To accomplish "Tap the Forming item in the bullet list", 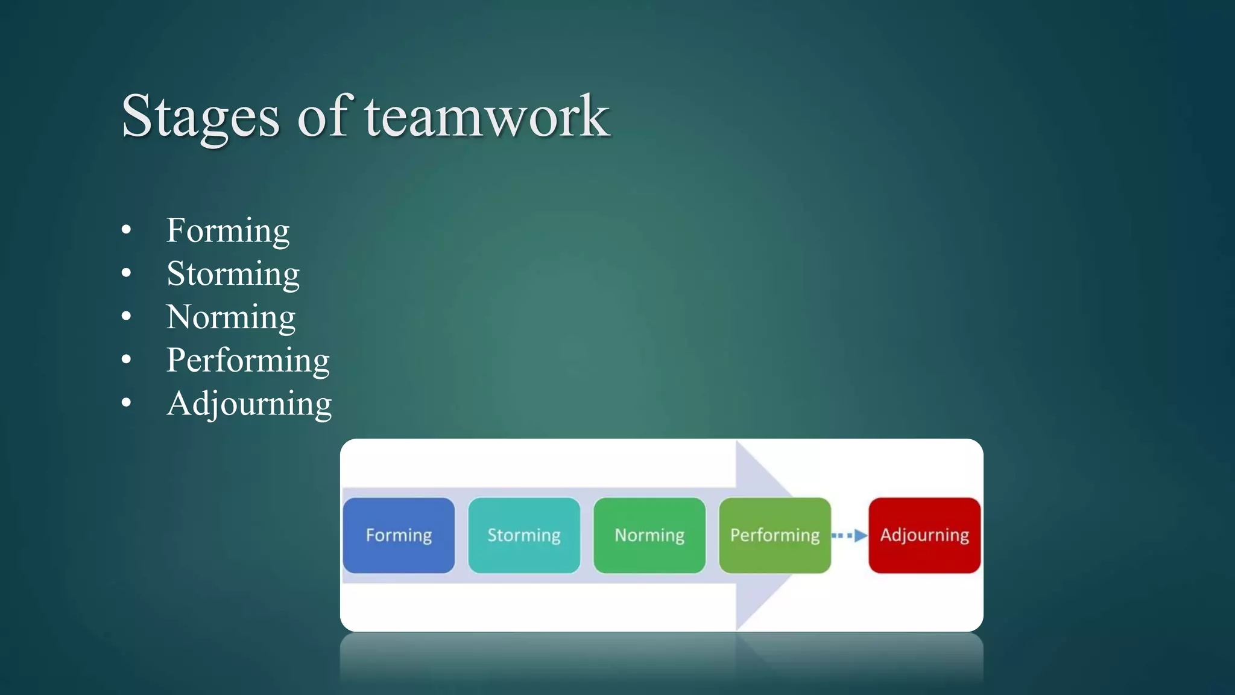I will pos(228,231).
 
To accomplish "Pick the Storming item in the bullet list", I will pos(233,275).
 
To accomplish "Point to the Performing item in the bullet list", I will pos(248,361).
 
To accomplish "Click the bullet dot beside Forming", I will pos(126,230).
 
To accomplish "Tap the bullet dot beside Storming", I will pos(126,273).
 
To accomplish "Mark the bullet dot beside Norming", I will pos(126,316).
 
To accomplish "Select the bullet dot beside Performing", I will pos(126,360).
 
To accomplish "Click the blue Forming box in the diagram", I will pos(399,535).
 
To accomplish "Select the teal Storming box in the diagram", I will pos(524,535).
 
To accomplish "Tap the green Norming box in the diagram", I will pos(649,535).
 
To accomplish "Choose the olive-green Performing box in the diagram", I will pos(775,535).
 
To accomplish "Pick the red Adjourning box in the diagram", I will pos(924,535).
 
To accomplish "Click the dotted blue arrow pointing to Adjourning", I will pos(850,535).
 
